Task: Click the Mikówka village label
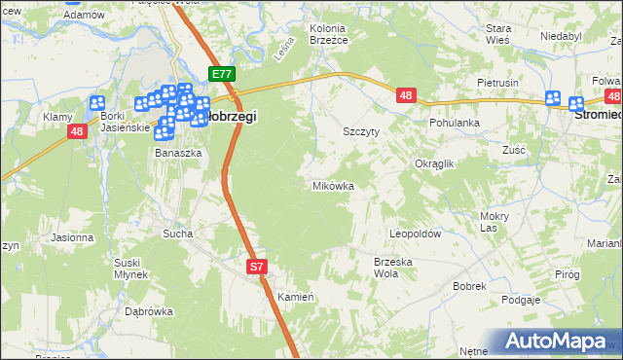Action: click(332, 185)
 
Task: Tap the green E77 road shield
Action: click(222, 74)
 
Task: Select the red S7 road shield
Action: click(256, 266)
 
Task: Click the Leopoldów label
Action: click(416, 234)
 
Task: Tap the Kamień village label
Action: click(293, 296)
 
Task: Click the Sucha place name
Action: click(178, 234)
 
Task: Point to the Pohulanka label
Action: click(456, 124)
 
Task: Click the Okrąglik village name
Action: click(435, 164)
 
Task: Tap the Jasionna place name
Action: click(71, 237)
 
